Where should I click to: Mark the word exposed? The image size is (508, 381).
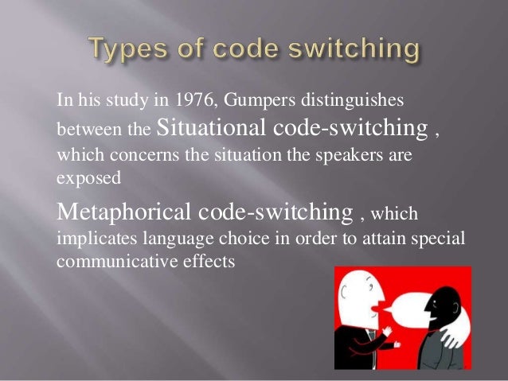click(88, 179)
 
